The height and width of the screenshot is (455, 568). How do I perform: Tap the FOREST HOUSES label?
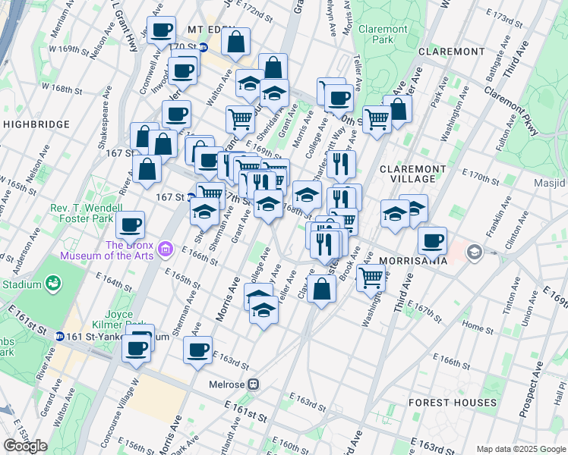click(452, 403)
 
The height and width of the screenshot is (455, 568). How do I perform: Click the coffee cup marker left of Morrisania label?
click(431, 240)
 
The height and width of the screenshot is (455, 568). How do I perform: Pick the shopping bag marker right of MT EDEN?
click(235, 42)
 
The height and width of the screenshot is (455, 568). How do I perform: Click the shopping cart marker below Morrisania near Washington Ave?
click(370, 277)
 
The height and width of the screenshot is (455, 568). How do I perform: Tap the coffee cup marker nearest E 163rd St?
click(197, 350)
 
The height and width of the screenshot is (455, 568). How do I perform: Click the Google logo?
click(25, 446)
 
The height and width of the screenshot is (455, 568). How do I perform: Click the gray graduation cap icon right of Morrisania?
click(475, 252)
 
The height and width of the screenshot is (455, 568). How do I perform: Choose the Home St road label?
click(478, 327)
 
